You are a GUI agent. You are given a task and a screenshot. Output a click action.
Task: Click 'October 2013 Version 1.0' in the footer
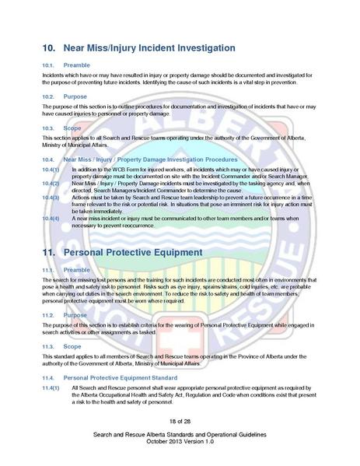coord(180,440)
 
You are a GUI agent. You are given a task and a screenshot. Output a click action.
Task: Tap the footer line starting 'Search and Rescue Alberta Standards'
coord(180,433)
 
